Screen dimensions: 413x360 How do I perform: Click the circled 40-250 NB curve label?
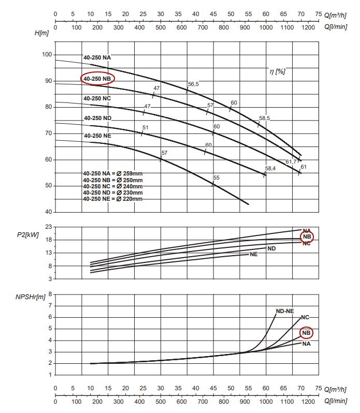(x=97, y=79)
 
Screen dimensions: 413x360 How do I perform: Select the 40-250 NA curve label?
(x=97, y=57)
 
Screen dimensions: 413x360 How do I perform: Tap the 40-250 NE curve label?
(x=97, y=136)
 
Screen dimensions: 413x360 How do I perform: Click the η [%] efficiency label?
(x=277, y=71)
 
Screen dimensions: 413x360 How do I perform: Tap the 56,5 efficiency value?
(x=193, y=84)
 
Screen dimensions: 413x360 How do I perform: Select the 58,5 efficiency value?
(x=264, y=119)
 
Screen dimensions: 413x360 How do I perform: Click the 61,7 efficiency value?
(x=292, y=162)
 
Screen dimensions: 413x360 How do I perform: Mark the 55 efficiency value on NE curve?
(x=216, y=178)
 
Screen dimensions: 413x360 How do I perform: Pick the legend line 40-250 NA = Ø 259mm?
(x=112, y=173)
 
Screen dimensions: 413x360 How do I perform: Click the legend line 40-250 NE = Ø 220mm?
(x=112, y=199)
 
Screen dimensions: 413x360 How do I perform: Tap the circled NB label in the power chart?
(x=307, y=237)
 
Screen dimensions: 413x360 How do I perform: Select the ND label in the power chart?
(x=271, y=248)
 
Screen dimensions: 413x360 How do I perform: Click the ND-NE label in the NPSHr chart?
(x=284, y=311)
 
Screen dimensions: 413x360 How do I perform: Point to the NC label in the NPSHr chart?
(x=305, y=317)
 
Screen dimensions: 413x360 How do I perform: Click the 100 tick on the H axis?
(x=46, y=55)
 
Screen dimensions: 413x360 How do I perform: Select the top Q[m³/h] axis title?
(x=337, y=15)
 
